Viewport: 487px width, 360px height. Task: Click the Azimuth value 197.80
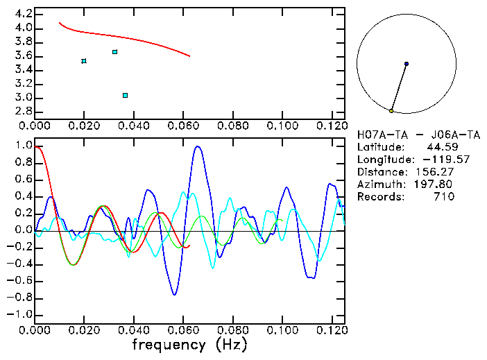[x=435, y=185]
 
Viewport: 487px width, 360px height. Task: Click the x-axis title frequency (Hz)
[x=189, y=344]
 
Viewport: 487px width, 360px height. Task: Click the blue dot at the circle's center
[x=407, y=64]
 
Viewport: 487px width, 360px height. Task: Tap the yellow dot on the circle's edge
[x=391, y=111]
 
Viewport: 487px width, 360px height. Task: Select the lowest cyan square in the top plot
[x=125, y=95]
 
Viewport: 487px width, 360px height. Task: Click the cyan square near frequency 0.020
[x=84, y=61]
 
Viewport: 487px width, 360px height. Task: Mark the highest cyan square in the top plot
[x=115, y=52]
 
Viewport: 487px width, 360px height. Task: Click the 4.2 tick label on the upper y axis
[x=23, y=14]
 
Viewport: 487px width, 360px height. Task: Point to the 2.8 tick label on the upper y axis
[x=23, y=112]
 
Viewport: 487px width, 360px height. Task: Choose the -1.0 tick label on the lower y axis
[x=20, y=314]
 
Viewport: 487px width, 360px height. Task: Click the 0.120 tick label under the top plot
[x=331, y=127]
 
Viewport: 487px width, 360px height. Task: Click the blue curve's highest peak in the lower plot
[x=198, y=146]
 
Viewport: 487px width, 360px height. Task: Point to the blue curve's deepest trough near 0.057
[x=175, y=295]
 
